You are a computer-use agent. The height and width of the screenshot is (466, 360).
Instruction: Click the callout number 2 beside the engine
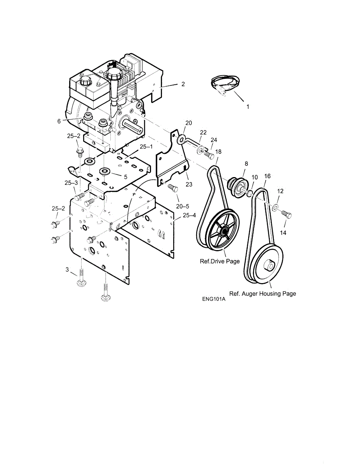[x=183, y=84]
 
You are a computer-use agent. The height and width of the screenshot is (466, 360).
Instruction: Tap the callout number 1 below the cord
[x=248, y=106]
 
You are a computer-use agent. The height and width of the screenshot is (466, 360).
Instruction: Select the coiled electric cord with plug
[x=225, y=83]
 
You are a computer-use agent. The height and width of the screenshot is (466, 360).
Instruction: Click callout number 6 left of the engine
[x=59, y=121]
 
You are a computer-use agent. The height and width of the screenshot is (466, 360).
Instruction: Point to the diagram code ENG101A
[x=213, y=299]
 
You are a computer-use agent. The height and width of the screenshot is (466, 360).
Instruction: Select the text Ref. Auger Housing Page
[x=263, y=294]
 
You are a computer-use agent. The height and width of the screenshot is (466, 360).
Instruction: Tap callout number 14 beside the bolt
[x=283, y=233]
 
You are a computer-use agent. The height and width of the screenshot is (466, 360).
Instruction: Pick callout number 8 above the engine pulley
[x=246, y=164]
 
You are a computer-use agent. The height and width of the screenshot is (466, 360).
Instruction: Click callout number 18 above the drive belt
[x=218, y=151]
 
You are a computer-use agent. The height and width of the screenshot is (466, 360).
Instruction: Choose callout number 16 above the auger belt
[x=267, y=176]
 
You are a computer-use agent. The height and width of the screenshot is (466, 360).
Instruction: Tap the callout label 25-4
[x=189, y=215]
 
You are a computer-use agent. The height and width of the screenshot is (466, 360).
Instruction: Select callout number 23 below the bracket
[x=189, y=184]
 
